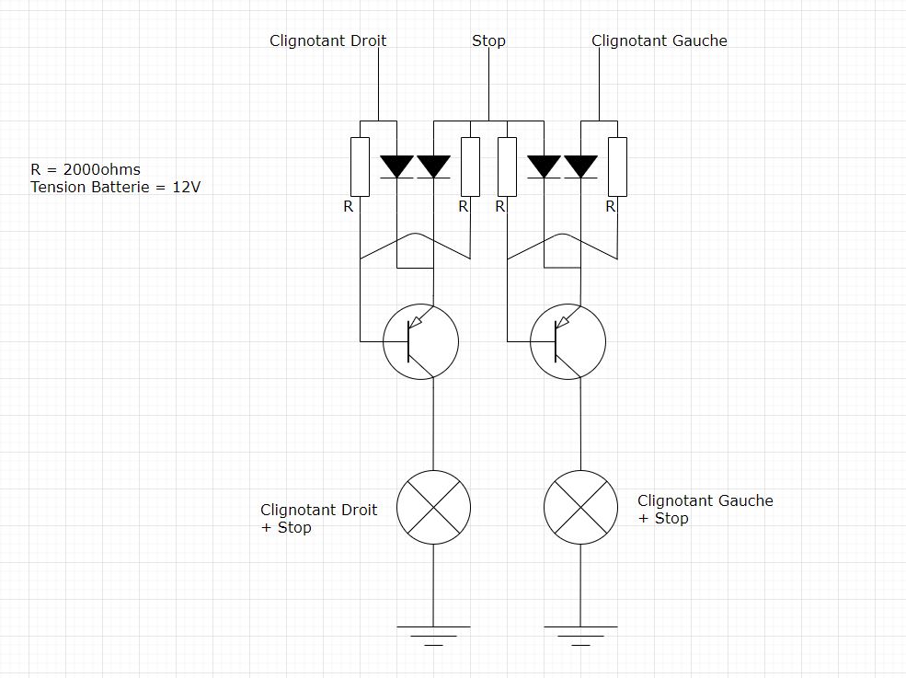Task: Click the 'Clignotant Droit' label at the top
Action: point(327,40)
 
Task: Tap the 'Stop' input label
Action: point(488,40)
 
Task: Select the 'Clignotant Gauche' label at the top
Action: point(659,40)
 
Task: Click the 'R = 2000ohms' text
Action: point(85,169)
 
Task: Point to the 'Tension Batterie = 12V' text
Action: point(115,187)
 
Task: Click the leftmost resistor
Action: point(360,167)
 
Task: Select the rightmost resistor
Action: point(617,167)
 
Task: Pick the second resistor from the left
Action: point(470,167)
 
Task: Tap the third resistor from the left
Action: point(507,167)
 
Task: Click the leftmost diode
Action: point(396,167)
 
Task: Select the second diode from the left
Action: point(433,167)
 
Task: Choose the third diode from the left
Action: point(544,167)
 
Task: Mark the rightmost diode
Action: point(580,167)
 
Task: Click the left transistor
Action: point(419,341)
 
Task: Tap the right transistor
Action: point(567,341)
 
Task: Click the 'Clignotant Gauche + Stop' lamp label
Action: point(705,510)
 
